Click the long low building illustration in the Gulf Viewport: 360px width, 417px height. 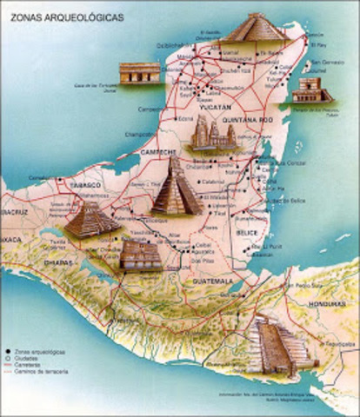coord(139,72)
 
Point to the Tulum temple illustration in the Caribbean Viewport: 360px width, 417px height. coord(311,90)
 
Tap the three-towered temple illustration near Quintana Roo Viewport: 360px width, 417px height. coord(213,135)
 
